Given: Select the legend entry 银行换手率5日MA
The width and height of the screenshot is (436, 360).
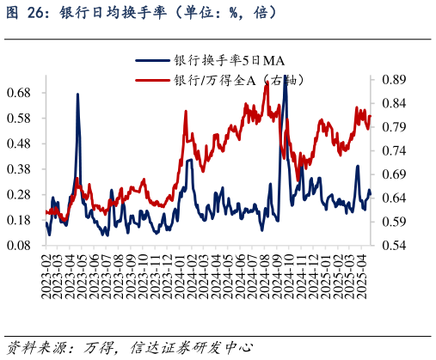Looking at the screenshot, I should (230, 60).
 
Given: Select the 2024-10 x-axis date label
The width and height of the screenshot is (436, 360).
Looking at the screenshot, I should (291, 277).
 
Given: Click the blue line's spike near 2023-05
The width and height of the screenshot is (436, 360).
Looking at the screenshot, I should (77, 95).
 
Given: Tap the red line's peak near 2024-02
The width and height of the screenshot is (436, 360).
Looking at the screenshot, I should (187, 112).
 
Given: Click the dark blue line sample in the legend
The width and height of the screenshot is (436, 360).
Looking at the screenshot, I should (153, 60).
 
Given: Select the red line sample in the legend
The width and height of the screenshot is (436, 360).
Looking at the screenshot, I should (153, 80).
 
